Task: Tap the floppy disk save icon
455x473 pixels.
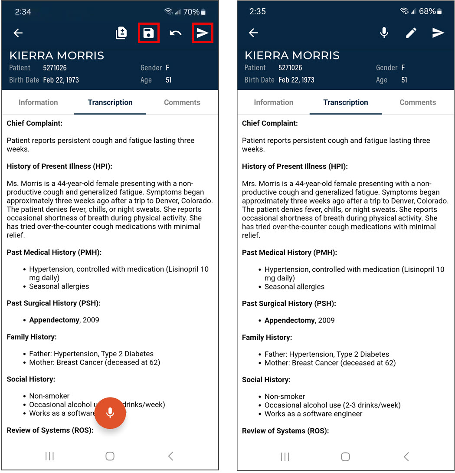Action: click(x=148, y=33)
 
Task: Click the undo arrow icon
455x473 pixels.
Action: click(x=175, y=33)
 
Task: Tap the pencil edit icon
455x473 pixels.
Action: click(x=411, y=33)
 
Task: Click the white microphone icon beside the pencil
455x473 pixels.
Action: click(x=384, y=33)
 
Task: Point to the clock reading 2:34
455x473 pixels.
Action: click(x=23, y=12)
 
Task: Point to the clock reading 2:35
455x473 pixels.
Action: click(x=258, y=12)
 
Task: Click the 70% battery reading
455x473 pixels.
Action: click(x=191, y=12)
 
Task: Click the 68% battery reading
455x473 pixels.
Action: click(x=427, y=12)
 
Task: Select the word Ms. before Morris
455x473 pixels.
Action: click(x=12, y=184)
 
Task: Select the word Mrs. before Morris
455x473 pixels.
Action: click(x=249, y=184)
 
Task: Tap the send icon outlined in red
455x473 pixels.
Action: click(x=202, y=33)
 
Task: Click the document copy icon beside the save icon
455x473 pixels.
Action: click(x=121, y=33)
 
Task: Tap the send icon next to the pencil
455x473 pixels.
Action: click(x=438, y=33)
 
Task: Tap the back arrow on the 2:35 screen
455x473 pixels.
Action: click(x=253, y=33)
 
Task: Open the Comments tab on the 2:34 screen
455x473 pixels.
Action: click(x=182, y=102)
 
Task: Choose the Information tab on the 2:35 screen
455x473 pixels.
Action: click(x=274, y=102)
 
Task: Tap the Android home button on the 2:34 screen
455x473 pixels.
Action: click(x=110, y=456)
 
